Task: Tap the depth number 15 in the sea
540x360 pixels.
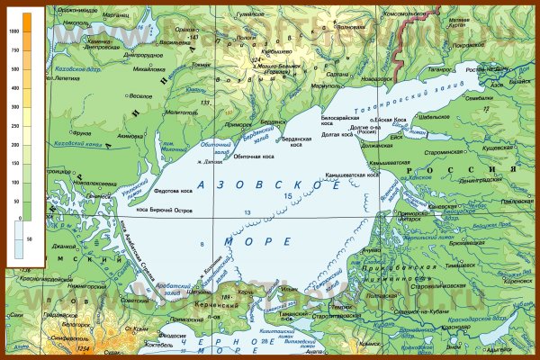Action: tap(287, 196)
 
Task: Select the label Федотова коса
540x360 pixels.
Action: tap(173, 191)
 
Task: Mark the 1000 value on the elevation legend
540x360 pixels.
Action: tap(13, 31)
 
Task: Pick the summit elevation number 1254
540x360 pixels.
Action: tap(85, 347)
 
